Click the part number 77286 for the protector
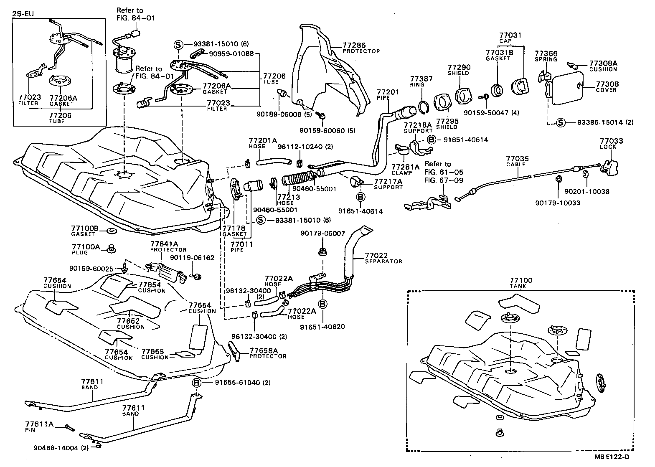tap(354, 45)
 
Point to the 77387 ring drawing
tap(422, 107)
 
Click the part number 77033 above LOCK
tap(611, 141)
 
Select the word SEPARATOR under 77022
tap(383, 261)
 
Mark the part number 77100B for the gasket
tap(85, 228)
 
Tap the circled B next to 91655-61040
tap(197, 383)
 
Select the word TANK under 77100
tap(518, 287)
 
